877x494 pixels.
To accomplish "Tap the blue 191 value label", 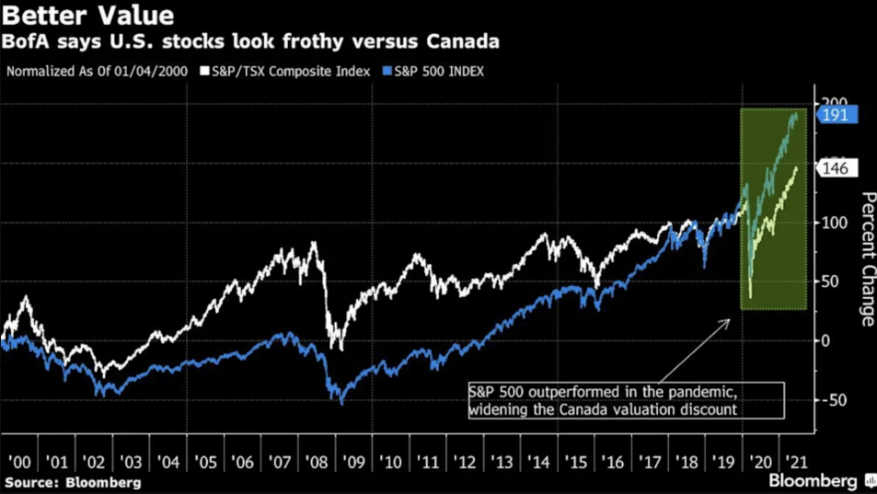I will click(838, 115).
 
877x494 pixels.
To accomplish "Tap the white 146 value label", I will click(838, 168).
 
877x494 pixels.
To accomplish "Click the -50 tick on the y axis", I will click(835, 400).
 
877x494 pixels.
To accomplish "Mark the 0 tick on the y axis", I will click(827, 340).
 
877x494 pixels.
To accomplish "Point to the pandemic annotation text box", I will click(625, 400).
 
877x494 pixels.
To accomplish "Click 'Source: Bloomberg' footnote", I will click(73, 482).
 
